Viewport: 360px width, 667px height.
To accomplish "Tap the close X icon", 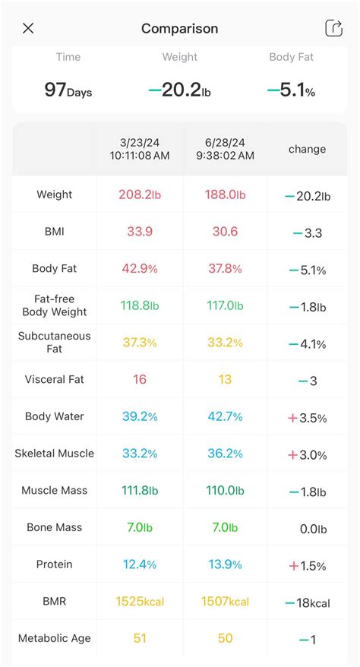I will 28,29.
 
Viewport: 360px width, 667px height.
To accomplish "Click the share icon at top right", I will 333,28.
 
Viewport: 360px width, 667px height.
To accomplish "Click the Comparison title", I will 179,29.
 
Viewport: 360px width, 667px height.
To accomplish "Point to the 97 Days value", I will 68,90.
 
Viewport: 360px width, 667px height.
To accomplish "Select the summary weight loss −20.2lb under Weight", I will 179,90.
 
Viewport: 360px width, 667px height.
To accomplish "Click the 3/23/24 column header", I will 140,149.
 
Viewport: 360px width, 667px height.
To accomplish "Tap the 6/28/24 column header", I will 225,149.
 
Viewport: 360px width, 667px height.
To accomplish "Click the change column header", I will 307,150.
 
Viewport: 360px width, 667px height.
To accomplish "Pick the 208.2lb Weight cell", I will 140,194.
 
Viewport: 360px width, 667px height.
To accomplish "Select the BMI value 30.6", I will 225,232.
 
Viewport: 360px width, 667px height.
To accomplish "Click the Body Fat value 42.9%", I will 140,269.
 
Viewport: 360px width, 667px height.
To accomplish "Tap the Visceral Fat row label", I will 55,379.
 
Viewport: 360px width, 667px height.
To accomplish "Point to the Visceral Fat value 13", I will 225,379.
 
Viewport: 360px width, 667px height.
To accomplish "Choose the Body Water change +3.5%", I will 307,418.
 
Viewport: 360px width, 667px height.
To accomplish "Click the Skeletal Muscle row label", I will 55,454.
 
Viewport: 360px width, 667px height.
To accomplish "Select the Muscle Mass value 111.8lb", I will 140,491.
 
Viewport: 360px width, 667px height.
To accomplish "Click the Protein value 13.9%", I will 225,564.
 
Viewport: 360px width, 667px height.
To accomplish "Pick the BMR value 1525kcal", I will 140,602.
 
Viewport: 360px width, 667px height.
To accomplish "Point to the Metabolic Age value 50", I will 225,639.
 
